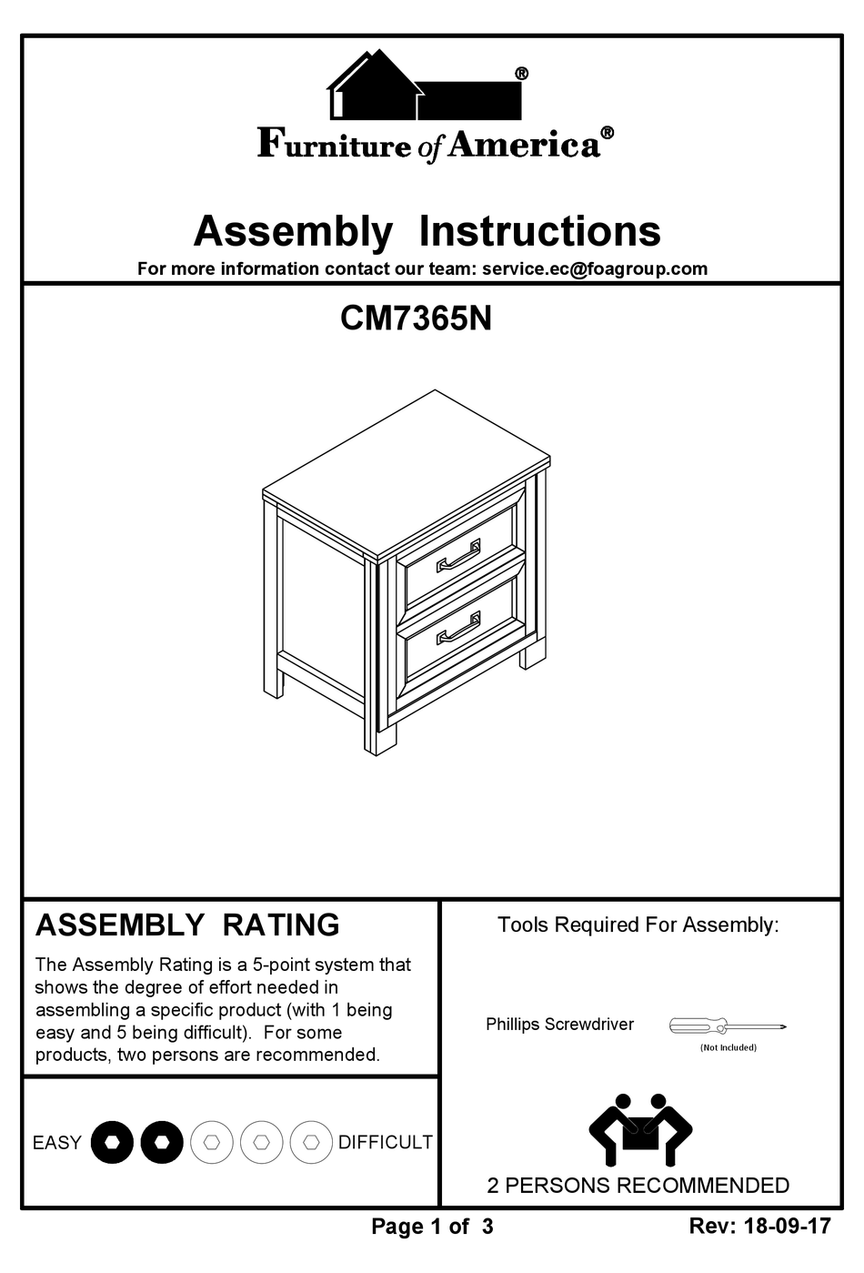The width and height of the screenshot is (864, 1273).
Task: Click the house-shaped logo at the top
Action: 424,86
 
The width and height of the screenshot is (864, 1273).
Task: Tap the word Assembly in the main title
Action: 293,231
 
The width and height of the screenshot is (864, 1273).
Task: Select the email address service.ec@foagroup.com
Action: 595,268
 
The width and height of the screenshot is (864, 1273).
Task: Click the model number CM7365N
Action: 416,318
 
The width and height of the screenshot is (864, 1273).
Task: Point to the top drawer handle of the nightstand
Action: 458,556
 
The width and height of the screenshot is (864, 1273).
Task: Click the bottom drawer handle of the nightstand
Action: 458,629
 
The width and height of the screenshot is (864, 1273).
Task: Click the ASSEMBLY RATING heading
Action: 187,924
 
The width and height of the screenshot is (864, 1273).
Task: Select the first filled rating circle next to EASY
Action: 112,1141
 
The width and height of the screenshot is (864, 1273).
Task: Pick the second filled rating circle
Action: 162,1141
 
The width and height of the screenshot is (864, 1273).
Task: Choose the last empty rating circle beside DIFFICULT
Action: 311,1141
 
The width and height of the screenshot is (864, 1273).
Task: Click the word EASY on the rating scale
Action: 56,1143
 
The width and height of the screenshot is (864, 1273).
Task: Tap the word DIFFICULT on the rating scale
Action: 385,1143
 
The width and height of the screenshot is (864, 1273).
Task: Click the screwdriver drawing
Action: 728,1026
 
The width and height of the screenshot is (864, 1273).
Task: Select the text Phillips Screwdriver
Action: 559,1025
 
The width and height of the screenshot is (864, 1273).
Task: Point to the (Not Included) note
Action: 728,1047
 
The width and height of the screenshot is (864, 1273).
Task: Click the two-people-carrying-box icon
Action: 640,1130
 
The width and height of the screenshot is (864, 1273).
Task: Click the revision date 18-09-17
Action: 787,1226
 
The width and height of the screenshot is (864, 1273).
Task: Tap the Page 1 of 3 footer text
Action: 432,1227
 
